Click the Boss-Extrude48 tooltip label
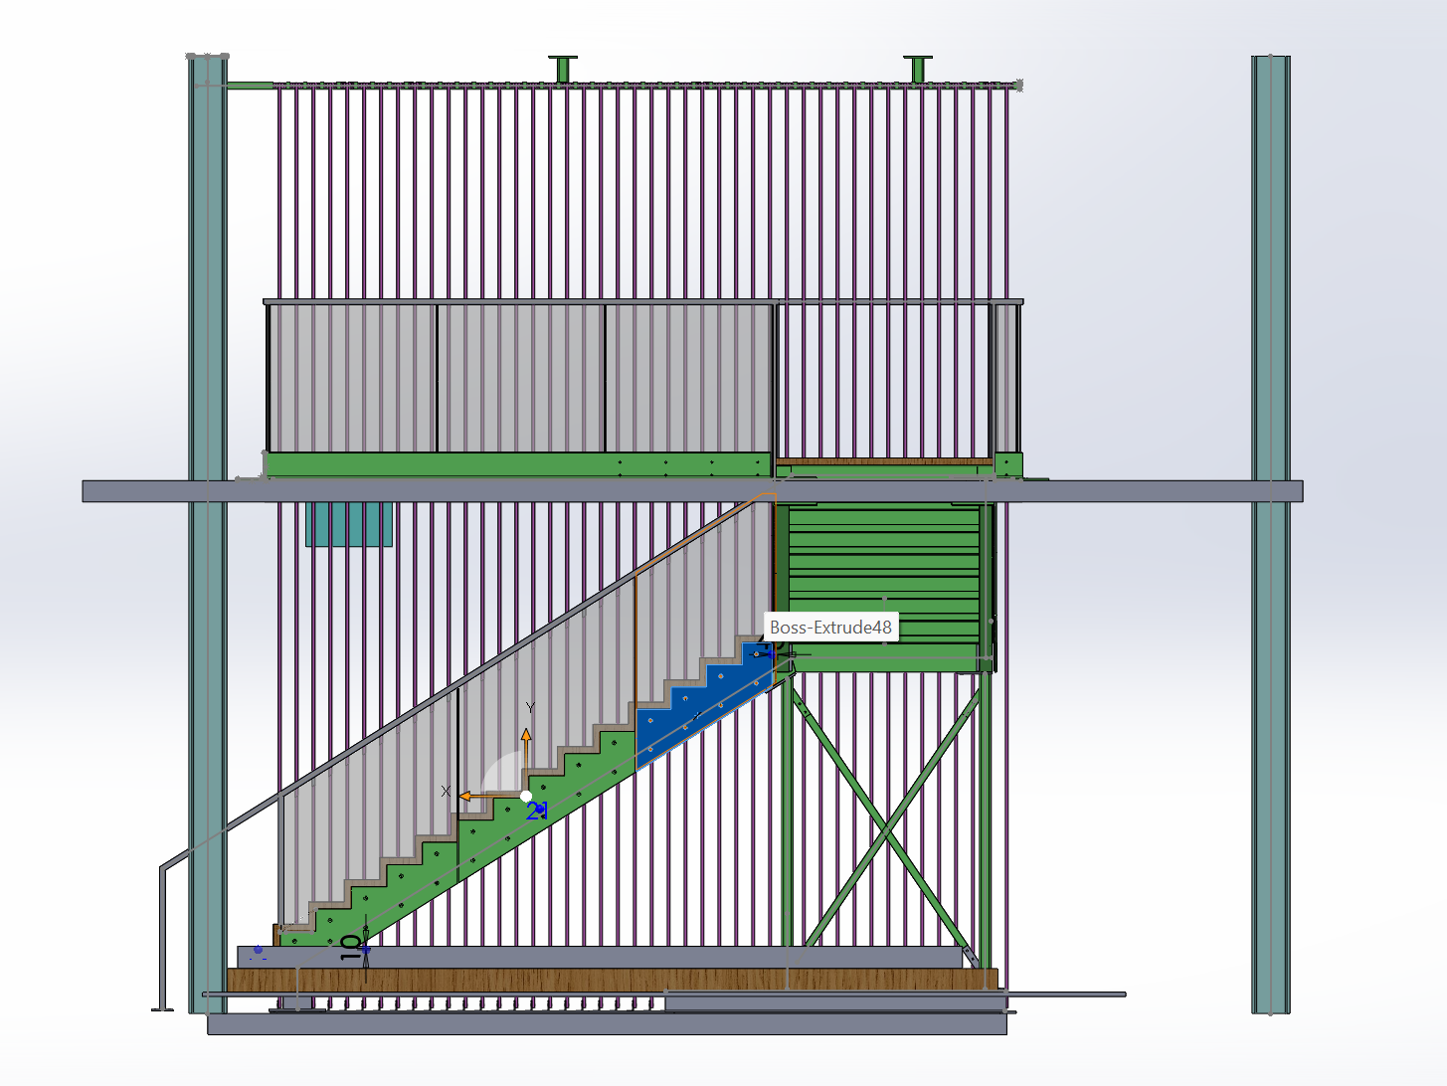click(x=830, y=627)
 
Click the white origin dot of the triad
click(x=525, y=796)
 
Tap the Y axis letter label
click(x=531, y=708)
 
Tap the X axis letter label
click(x=446, y=792)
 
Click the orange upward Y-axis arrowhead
click(x=526, y=734)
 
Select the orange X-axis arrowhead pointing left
click(x=465, y=796)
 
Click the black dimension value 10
click(x=351, y=947)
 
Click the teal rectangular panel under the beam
click(x=349, y=524)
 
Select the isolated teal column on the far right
click(x=1270, y=534)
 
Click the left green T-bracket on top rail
click(x=562, y=69)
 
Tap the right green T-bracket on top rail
click(x=918, y=69)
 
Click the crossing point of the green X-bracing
click(x=885, y=831)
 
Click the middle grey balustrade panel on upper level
click(x=521, y=378)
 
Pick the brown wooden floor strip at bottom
click(x=612, y=980)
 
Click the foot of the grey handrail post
click(x=162, y=1008)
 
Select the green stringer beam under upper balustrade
click(x=517, y=464)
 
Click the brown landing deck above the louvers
click(x=885, y=461)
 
